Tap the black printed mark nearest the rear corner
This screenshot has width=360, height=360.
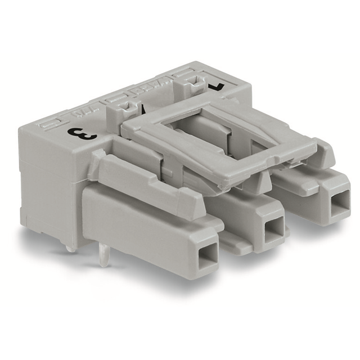pos(216,85)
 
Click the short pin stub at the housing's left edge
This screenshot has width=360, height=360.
pos(69,247)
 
